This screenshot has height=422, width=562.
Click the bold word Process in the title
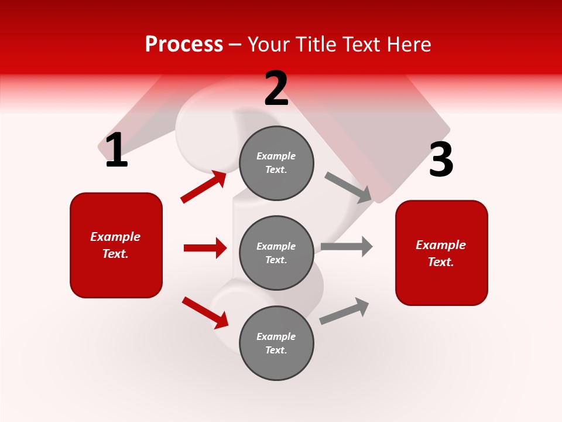click(184, 45)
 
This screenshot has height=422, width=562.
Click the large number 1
click(116, 151)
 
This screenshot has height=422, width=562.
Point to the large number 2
click(276, 89)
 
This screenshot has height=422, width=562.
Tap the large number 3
click(441, 159)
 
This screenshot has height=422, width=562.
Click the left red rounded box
click(116, 245)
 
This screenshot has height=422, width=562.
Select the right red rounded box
click(441, 253)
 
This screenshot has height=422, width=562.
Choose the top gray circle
click(276, 163)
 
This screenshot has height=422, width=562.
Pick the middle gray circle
click(276, 253)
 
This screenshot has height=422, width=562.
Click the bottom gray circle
click(276, 343)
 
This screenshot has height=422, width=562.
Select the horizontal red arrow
click(205, 248)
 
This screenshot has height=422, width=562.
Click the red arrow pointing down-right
click(205, 312)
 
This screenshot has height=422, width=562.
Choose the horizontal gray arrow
click(347, 247)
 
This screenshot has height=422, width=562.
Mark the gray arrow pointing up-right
click(344, 311)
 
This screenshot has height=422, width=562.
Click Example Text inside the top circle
click(276, 163)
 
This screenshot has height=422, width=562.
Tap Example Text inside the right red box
click(441, 253)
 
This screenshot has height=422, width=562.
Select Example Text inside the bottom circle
click(276, 343)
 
